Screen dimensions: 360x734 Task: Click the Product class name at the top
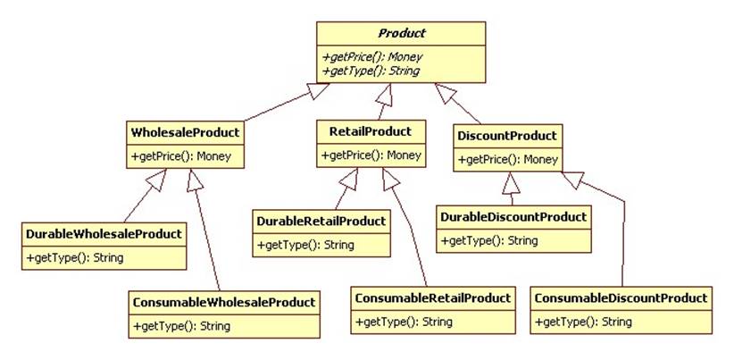point(402,34)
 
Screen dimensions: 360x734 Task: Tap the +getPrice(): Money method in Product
point(372,57)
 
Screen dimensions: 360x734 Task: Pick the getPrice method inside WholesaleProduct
point(181,156)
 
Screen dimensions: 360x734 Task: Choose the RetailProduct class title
point(371,131)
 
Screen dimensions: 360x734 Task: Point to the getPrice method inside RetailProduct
point(371,155)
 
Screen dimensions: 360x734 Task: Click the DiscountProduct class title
point(507,136)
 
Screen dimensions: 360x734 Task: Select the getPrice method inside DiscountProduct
point(507,160)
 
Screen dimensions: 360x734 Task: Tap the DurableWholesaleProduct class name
point(104,234)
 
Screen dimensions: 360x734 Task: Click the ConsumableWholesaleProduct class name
point(223,302)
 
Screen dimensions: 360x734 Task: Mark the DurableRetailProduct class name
point(321,221)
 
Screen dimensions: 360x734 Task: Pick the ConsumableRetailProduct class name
point(432,297)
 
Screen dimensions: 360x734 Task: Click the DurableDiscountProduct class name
point(514,216)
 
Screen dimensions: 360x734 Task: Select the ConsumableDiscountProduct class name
point(621,297)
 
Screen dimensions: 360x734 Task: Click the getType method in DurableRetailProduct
point(305,245)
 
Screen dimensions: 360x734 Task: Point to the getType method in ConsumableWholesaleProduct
point(180,326)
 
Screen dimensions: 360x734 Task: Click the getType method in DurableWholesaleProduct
point(74,258)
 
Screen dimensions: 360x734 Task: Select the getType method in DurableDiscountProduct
point(489,240)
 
